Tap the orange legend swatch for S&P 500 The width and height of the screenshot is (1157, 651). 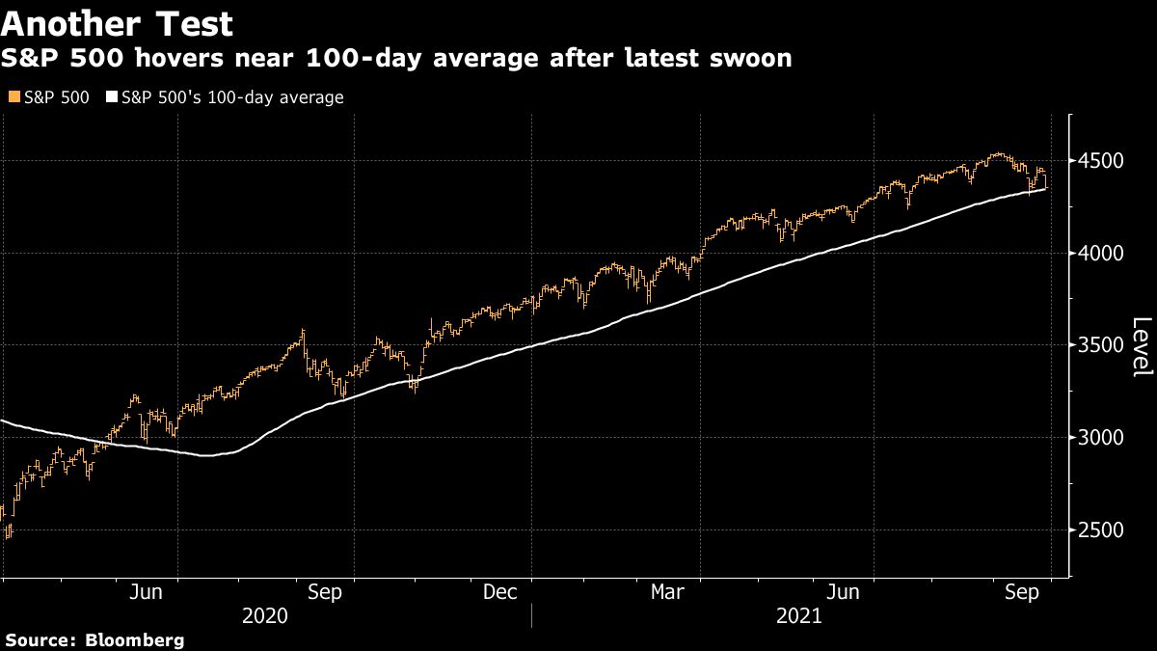12,97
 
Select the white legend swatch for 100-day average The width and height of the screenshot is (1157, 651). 113,97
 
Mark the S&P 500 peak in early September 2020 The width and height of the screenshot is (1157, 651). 304,331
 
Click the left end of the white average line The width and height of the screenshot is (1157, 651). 2,420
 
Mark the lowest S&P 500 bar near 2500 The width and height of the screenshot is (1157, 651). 7,534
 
